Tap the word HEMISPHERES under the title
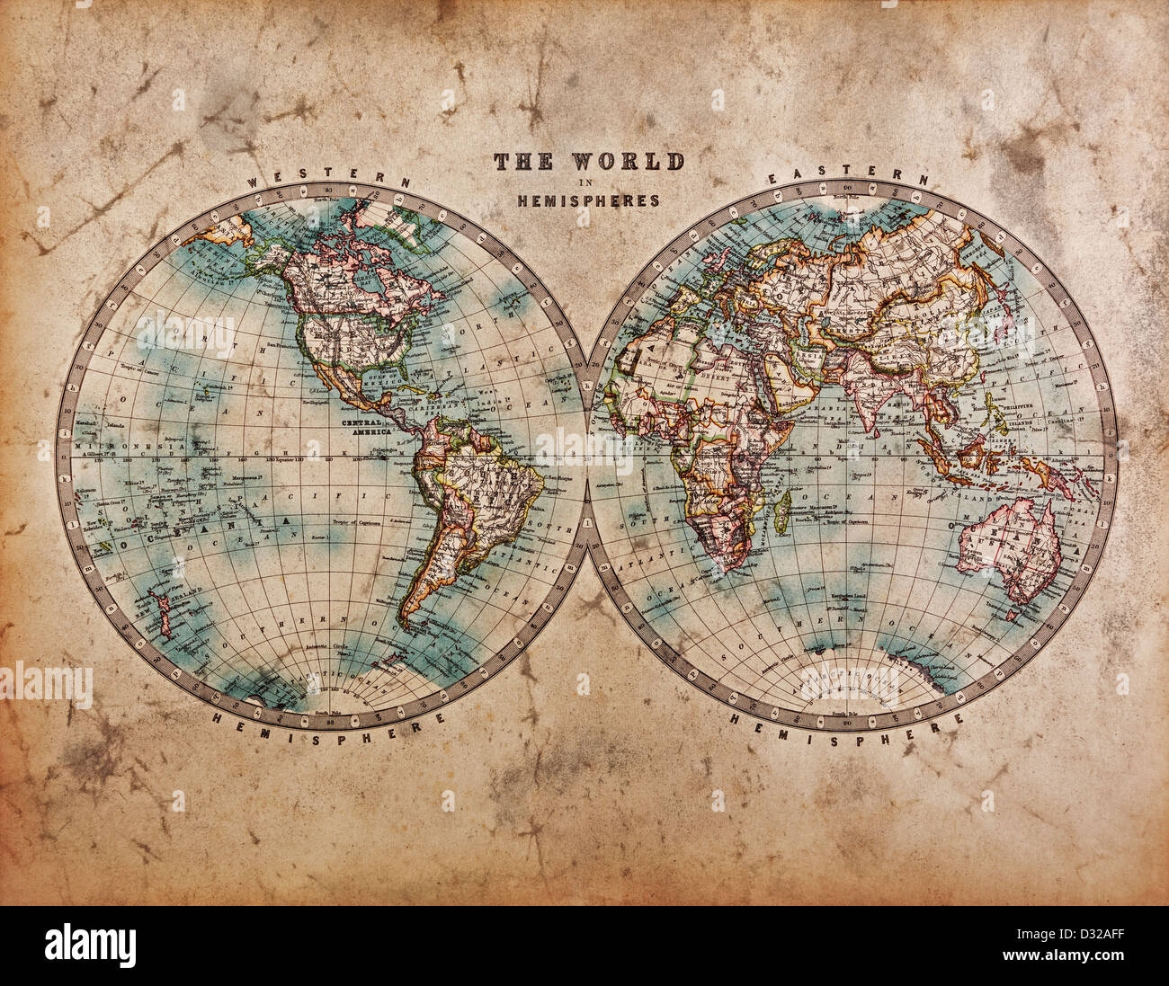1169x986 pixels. pos(588,200)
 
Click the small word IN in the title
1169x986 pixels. pos(587,182)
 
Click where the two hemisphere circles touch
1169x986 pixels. pos(587,454)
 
